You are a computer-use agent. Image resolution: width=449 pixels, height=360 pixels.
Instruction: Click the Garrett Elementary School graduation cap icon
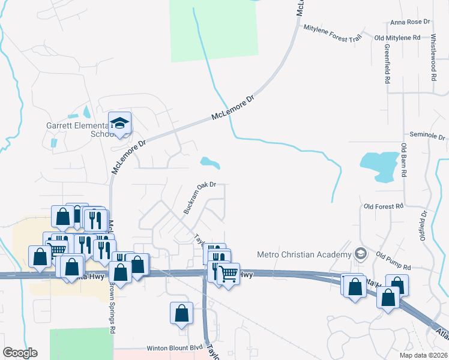[x=120, y=124]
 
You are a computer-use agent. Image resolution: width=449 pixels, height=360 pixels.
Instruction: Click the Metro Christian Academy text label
[x=304, y=254]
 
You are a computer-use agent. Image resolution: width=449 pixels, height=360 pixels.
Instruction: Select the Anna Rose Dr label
[x=411, y=22]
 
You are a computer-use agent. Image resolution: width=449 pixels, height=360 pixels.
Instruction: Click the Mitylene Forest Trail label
[x=333, y=32]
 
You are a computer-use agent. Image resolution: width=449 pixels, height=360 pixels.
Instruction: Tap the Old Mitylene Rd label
[x=397, y=38]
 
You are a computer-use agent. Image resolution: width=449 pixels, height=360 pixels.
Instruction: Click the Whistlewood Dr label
[x=433, y=58]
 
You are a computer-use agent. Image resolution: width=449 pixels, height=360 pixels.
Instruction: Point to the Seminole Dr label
[x=427, y=136]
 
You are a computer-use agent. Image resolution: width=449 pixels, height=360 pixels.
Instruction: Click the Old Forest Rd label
[x=384, y=206]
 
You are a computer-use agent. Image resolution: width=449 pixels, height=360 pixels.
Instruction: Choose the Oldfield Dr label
[x=424, y=224]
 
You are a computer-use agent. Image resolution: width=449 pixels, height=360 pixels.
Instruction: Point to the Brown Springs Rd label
[x=112, y=308]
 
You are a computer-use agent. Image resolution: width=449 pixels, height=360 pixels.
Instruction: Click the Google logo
[x=20, y=353]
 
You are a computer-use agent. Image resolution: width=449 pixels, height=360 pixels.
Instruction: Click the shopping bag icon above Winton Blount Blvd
[x=181, y=313]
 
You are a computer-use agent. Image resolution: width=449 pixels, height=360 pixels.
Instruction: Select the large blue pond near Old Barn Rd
[x=379, y=166]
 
